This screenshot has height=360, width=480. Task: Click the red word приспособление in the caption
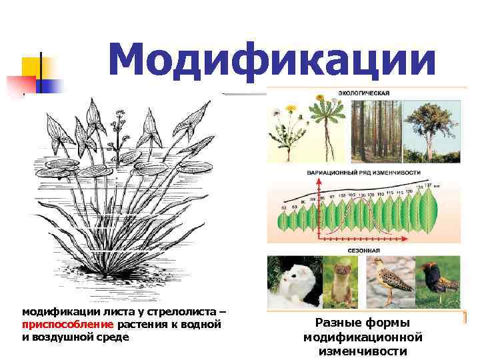pyautogui.click(x=69, y=325)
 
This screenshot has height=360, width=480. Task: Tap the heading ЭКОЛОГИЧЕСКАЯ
pyautogui.click(x=363, y=93)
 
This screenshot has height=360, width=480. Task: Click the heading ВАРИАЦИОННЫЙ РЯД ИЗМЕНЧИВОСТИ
pyautogui.click(x=363, y=172)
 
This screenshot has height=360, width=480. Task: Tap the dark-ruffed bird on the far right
pyautogui.click(x=437, y=280)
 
